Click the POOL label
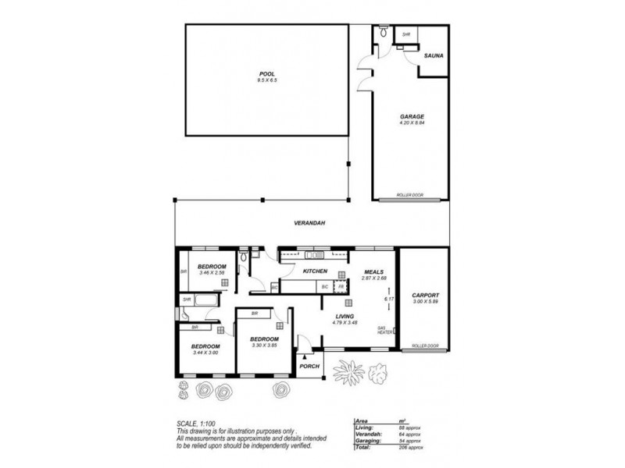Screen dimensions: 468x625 click(267, 75)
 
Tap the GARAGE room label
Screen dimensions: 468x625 click(411, 117)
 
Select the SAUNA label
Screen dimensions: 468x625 click(434, 57)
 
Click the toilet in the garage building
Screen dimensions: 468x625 click(381, 34)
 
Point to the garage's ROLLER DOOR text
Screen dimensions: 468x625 click(410, 196)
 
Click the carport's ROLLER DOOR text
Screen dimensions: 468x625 click(425, 346)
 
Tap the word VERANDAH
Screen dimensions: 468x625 click(309, 223)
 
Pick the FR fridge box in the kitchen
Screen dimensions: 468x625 click(341, 287)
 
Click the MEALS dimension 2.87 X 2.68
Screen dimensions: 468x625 click(373, 278)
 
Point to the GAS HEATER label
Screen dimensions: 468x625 click(384, 330)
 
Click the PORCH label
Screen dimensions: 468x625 click(310, 366)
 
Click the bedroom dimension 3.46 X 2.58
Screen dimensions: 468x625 click(212, 272)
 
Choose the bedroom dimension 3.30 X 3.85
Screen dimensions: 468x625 click(264, 345)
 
